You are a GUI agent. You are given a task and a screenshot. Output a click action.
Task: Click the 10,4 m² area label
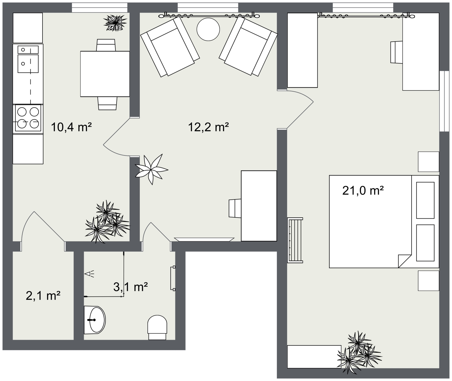(71, 127)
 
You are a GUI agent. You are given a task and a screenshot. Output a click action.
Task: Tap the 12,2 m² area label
(208, 127)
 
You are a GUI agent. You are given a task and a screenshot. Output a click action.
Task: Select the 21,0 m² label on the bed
(363, 190)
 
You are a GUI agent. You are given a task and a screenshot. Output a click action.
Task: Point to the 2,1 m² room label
(43, 296)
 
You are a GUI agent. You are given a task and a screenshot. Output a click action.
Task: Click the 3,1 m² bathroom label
(130, 287)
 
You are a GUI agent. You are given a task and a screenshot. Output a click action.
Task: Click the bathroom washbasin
(95, 320)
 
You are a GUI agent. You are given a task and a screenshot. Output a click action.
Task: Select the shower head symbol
(89, 273)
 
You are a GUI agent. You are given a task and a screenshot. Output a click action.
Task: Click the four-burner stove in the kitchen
(28, 118)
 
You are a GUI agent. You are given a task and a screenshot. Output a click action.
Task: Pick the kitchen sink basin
(28, 64)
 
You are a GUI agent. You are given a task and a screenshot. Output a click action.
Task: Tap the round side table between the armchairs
(208, 29)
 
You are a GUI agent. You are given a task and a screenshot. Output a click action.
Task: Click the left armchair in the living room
(170, 47)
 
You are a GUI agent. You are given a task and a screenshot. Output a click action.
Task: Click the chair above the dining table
(106, 45)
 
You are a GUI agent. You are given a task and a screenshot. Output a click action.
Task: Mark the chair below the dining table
(107, 103)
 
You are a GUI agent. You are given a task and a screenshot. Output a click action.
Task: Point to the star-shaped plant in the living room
(151, 169)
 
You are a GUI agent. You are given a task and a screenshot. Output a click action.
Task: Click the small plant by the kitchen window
(115, 23)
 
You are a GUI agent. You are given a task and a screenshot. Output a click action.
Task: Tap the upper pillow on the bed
(425, 200)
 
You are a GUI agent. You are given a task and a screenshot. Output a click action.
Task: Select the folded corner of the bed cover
(404, 261)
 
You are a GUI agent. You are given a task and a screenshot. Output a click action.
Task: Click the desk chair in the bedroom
(397, 52)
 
